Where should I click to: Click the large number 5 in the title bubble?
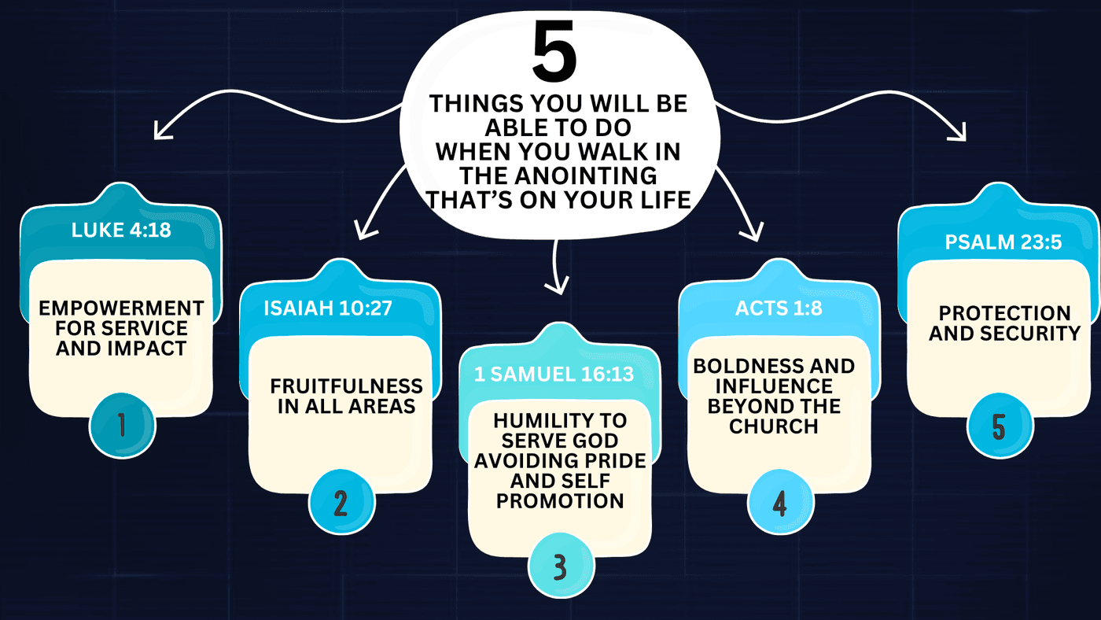coord(554,51)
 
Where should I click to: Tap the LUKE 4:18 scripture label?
coord(121,230)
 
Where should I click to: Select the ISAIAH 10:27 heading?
coord(328,308)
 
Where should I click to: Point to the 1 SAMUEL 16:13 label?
coord(554,375)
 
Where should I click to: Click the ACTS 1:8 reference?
coord(779,308)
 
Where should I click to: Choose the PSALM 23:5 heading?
coord(1003,242)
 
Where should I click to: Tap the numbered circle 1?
coord(123,426)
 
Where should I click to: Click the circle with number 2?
coord(341,502)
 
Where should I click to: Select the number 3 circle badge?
coord(561,566)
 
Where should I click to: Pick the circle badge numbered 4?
coord(780,502)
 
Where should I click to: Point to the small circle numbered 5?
coord(1000,426)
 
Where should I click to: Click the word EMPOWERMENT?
coord(121,308)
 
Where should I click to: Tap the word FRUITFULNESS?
coord(347,386)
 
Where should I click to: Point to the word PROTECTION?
coord(1005,313)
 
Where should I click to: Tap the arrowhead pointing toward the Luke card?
coord(161,131)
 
